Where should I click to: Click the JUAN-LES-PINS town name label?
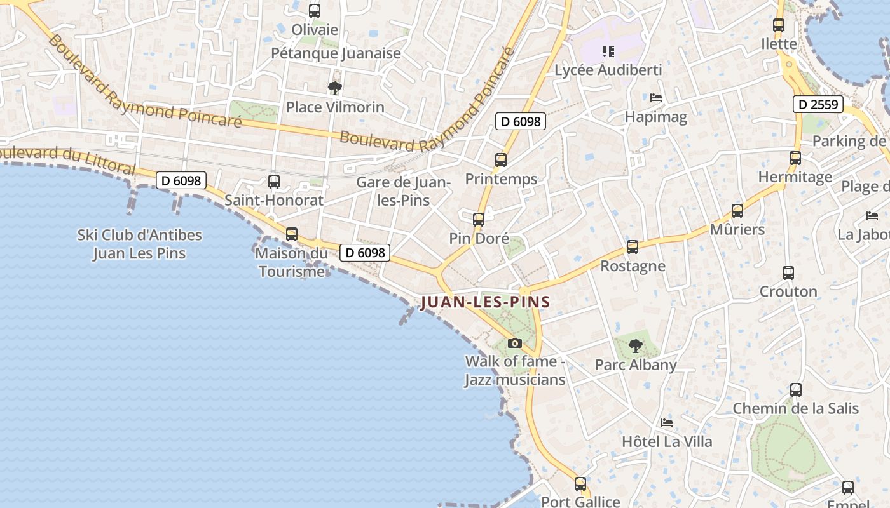click(x=485, y=302)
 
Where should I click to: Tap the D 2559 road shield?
click(x=818, y=104)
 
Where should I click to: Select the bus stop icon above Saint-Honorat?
click(x=274, y=182)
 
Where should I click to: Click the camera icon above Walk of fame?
click(x=515, y=344)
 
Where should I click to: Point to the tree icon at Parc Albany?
click(x=635, y=346)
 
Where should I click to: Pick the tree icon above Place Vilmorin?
click(x=335, y=88)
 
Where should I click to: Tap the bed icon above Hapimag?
click(x=656, y=98)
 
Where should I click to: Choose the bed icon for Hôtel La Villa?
click(x=666, y=422)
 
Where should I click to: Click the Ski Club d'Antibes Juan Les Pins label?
click(x=139, y=244)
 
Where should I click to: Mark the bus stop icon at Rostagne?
click(x=632, y=247)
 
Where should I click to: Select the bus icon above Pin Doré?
click(x=479, y=220)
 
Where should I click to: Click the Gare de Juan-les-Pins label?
click(x=403, y=191)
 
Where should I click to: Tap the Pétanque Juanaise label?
click(x=336, y=53)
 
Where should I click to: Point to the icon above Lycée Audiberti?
click(x=608, y=51)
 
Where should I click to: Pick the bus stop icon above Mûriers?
click(x=737, y=211)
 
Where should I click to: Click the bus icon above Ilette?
click(x=779, y=25)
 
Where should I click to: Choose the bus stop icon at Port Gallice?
click(x=580, y=484)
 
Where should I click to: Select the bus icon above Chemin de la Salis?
click(x=796, y=390)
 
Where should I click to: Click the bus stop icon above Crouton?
click(x=788, y=273)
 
